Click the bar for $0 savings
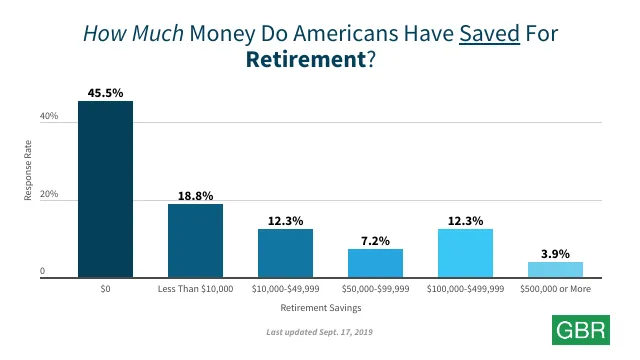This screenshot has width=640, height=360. pyautogui.click(x=105, y=188)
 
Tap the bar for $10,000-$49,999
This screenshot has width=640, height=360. pyautogui.click(x=285, y=253)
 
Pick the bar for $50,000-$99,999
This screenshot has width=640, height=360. pyautogui.click(x=375, y=263)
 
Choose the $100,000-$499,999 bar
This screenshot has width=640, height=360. pyautogui.click(x=465, y=253)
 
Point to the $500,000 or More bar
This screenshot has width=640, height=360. pyautogui.click(x=555, y=269)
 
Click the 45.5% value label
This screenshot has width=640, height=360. pyautogui.click(x=105, y=92)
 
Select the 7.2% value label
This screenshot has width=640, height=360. pyautogui.click(x=375, y=240)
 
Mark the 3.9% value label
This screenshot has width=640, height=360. pyautogui.click(x=555, y=253)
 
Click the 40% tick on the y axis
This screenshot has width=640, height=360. pyautogui.click(x=49, y=117)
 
